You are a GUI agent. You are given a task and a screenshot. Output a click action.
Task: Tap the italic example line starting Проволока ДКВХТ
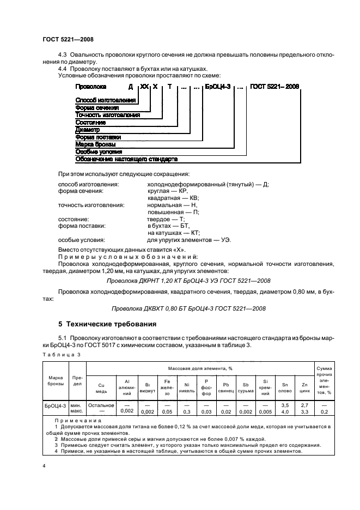pos(188,308)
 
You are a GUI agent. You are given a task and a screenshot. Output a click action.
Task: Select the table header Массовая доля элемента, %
pos(200,368)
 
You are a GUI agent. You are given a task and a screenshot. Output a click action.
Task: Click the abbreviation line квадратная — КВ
pos(174,198)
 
